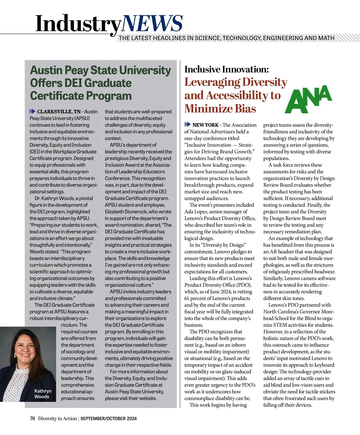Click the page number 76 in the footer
coord(32,418)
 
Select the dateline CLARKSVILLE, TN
coord(59,112)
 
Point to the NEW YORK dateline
coord(205,125)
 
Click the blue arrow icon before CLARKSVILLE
coord(32,112)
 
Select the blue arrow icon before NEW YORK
coord(187,124)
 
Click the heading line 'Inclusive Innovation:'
coord(226,69)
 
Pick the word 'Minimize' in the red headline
coord(209,108)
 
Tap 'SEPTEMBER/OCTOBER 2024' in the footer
coord(109,418)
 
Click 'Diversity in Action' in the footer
coord(57,418)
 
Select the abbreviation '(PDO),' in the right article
coord(242,285)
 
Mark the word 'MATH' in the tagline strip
coord(327,38)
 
